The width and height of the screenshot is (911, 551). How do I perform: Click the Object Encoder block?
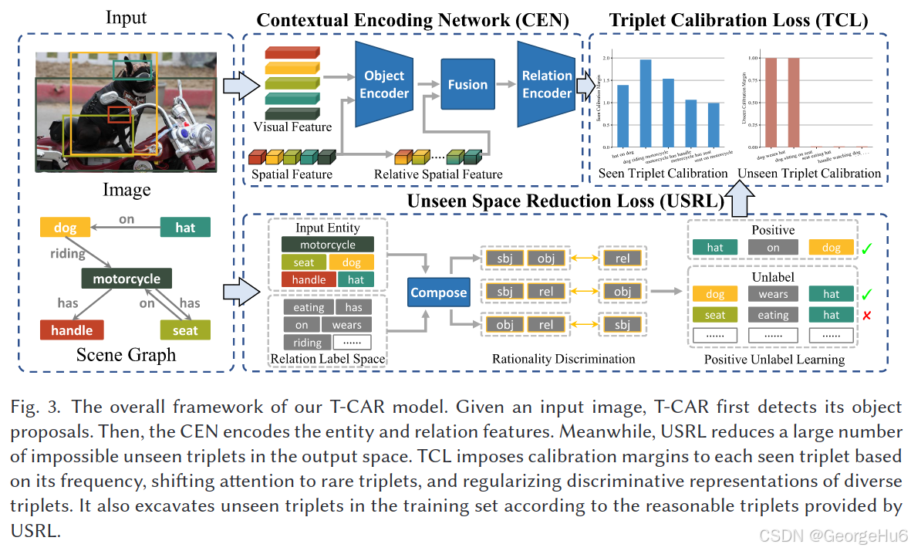point(384,84)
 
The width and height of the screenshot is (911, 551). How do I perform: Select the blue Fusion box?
point(467,85)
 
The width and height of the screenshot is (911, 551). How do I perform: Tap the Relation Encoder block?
point(547,84)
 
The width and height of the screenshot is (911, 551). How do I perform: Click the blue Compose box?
point(438,292)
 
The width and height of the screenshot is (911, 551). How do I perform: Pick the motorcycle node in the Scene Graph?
point(127,279)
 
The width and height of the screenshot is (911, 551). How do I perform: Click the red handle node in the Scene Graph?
point(72,330)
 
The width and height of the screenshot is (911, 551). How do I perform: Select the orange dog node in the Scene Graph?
point(65,228)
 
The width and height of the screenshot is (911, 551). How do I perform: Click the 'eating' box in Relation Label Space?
point(309,308)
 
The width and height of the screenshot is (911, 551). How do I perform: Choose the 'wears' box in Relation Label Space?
point(346,325)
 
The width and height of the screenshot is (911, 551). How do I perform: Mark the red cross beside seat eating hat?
point(868,315)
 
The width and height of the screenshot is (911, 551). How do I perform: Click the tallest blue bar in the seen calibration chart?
point(646,103)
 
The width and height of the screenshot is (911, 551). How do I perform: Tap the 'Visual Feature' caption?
point(292,127)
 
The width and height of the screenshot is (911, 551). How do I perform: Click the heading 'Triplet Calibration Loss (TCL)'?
point(738,20)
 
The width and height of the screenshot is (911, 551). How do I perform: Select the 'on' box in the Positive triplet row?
point(773,248)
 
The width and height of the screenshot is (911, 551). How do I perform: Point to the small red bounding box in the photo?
point(119,115)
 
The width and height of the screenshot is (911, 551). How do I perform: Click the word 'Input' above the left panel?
point(127,17)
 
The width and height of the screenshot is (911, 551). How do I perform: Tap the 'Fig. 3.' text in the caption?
point(33,407)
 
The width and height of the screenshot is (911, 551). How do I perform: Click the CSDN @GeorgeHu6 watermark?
point(833,535)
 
